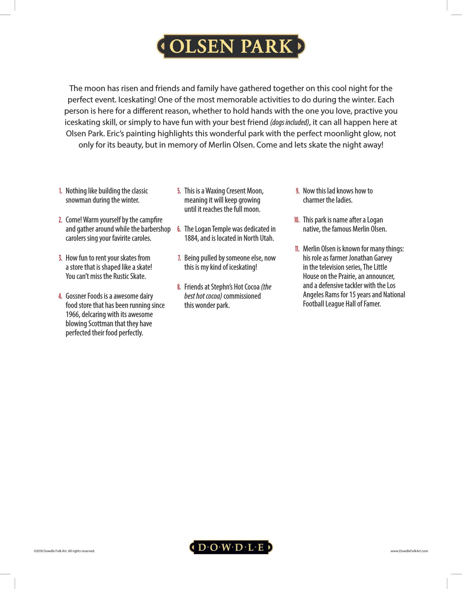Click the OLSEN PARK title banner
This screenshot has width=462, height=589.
point(231,46)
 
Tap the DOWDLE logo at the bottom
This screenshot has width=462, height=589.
point(231,547)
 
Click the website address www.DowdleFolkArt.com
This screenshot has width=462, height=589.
point(409,551)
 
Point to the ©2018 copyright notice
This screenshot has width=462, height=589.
point(64,551)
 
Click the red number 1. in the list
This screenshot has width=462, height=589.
point(61,191)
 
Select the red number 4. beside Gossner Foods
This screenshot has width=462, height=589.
point(60,296)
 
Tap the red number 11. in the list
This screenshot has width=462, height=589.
point(297,249)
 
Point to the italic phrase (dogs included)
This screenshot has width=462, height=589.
point(289,123)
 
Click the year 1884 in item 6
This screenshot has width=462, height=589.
point(191,238)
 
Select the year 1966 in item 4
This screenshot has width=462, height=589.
point(72,315)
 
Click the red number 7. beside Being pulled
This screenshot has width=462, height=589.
point(179,258)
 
